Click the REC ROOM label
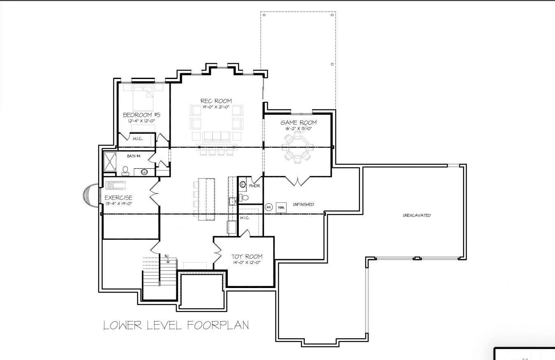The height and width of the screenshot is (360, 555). click(x=216, y=101)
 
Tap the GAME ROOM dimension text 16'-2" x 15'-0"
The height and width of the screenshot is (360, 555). click(x=298, y=129)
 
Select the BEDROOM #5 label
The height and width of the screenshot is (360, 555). click(x=141, y=115)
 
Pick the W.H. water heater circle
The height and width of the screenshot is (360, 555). click(x=269, y=207)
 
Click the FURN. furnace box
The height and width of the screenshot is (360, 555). click(x=281, y=207)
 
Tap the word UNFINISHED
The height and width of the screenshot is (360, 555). click(x=303, y=204)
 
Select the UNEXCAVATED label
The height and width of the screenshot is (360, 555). click(x=416, y=215)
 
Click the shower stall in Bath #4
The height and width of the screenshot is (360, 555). click(x=110, y=161)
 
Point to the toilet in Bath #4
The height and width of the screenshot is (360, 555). click(x=126, y=171)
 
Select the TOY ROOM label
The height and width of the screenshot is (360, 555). click(x=247, y=257)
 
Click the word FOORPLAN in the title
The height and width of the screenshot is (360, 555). click(x=218, y=325)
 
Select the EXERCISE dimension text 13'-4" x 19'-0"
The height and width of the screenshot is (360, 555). click(x=118, y=204)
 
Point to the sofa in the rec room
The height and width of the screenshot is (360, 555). click(x=217, y=136)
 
